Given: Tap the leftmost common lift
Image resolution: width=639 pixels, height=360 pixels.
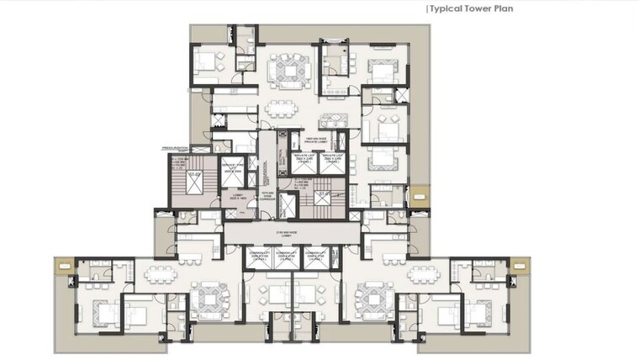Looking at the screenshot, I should coord(259,257).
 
